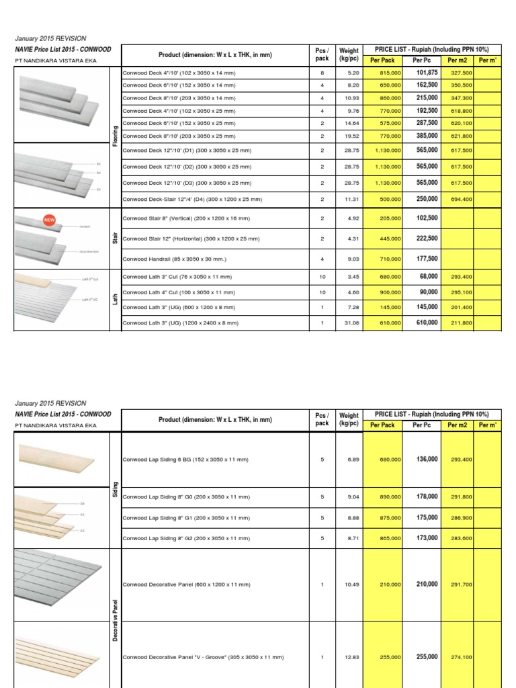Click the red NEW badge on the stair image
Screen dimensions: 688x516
tap(48, 219)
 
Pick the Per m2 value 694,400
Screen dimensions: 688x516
tap(461, 200)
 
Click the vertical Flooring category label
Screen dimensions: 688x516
tap(115, 134)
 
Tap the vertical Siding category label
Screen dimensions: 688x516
tap(115, 490)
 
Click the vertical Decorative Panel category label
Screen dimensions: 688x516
tap(115, 620)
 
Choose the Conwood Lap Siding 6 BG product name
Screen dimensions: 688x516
tap(185, 460)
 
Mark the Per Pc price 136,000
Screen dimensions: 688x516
tap(427, 459)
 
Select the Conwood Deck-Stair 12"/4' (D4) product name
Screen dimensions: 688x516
tap(191, 200)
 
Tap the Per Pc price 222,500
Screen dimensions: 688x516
tap(427, 238)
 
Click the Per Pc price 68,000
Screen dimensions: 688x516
tap(429, 276)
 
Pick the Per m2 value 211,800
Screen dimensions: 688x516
tap(461, 322)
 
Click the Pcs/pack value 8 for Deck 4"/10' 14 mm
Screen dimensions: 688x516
tap(322, 73)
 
